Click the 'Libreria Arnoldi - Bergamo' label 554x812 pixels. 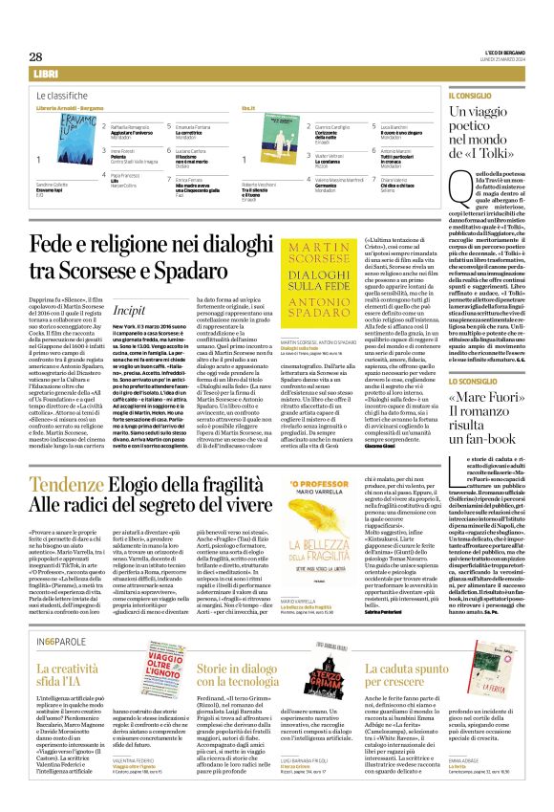pyautogui.click(x=70, y=111)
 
